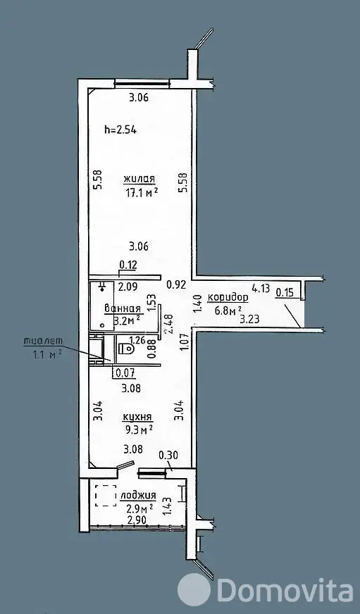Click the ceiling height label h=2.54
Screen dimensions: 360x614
point(120,130)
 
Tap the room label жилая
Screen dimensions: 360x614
point(139,179)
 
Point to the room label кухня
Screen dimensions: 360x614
point(137,417)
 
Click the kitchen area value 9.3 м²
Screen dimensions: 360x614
point(137,430)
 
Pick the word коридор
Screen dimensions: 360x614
point(228,298)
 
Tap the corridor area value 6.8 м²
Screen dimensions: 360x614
point(228,311)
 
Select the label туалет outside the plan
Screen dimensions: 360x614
point(43,341)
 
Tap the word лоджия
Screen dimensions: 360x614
point(138,496)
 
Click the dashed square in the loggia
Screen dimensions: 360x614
point(106,495)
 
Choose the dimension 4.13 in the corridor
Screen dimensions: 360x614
point(261,289)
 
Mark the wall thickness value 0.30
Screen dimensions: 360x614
point(168,455)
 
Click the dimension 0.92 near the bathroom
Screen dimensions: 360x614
point(175,284)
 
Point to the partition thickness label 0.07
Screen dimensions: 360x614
point(125,374)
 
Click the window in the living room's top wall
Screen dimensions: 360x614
point(142,82)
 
